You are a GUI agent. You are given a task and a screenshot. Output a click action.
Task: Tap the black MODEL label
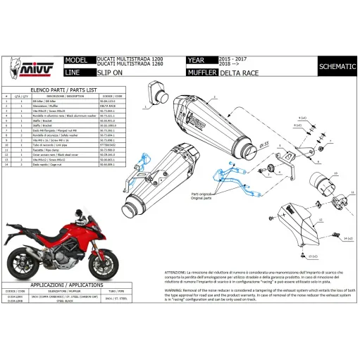pyautogui.click(x=77, y=61)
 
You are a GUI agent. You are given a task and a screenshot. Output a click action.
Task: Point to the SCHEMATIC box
pyautogui.click(x=332, y=67)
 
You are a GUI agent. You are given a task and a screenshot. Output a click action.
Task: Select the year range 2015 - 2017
pyautogui.click(x=234, y=59)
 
